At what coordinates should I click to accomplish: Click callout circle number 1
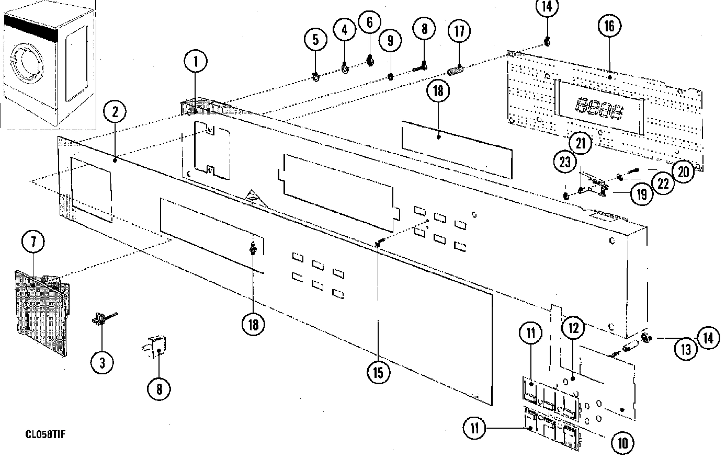click(196, 62)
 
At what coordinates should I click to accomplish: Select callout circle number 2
click(115, 111)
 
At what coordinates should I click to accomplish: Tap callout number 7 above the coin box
click(33, 242)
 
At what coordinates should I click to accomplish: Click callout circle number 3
click(101, 361)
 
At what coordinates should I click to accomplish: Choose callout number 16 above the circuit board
click(609, 26)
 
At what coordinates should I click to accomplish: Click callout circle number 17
click(459, 31)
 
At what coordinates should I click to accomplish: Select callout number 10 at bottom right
click(622, 443)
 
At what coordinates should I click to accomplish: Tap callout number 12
click(573, 328)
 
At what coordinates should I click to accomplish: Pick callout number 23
click(565, 162)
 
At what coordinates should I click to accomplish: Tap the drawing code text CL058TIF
click(48, 434)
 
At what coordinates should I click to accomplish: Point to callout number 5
click(316, 39)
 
